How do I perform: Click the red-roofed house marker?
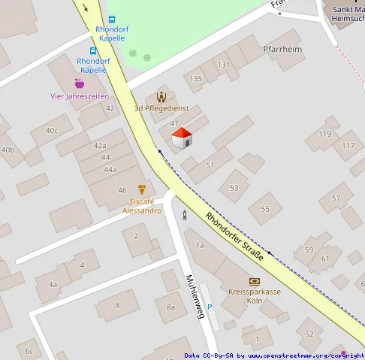pyautogui.click(x=182, y=138)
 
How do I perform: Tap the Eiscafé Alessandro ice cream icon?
pyautogui.click(x=141, y=189)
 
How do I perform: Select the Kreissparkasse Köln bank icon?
pyautogui.click(x=254, y=280)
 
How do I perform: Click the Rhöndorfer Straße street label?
pyautogui.click(x=234, y=236)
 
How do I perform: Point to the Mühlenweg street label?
pyautogui.click(x=195, y=295)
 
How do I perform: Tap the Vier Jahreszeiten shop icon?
pyautogui.click(x=79, y=83)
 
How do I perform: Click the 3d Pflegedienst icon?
pyautogui.click(x=161, y=96)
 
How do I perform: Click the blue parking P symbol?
pyautogui.click(x=210, y=307)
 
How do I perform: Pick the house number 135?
pyautogui.click(x=196, y=78)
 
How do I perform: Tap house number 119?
pyautogui.click(x=324, y=134)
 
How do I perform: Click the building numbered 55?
pyautogui.click(x=264, y=208)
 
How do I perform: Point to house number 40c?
pyautogui.click(x=51, y=130)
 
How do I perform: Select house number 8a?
pyautogui.click(x=170, y=307)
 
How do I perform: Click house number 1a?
pyautogui.click(x=200, y=245)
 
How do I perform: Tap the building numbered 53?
pyautogui.click(x=234, y=187)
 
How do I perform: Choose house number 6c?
pyautogui.click(x=29, y=350)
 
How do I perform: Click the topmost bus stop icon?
pyautogui.click(x=112, y=20)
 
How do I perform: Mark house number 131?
pyautogui.click(x=224, y=65)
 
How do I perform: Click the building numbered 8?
pyautogui.click(x=117, y=304)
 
